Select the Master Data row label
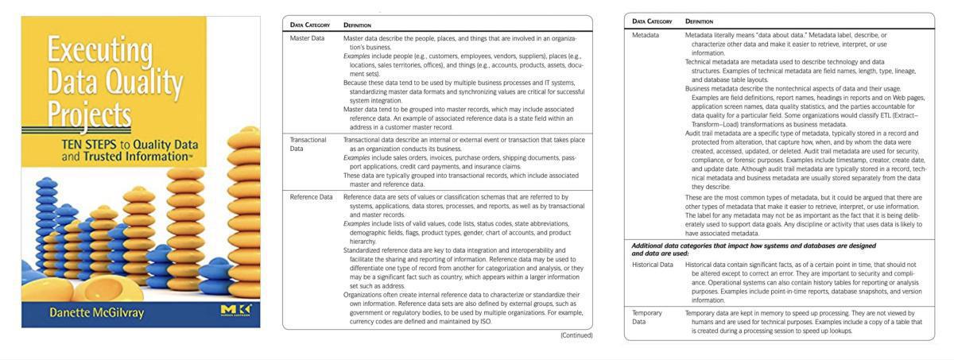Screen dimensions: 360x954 [307, 38]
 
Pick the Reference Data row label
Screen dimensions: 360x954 [312, 196]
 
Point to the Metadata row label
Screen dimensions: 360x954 [646, 36]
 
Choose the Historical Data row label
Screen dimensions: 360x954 [656, 264]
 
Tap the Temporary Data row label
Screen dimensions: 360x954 [646, 317]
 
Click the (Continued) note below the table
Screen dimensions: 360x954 [576, 335]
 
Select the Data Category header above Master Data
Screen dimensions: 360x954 [312, 25]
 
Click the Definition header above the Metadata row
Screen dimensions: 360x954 [699, 21]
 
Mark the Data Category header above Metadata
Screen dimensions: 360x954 [652, 21]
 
